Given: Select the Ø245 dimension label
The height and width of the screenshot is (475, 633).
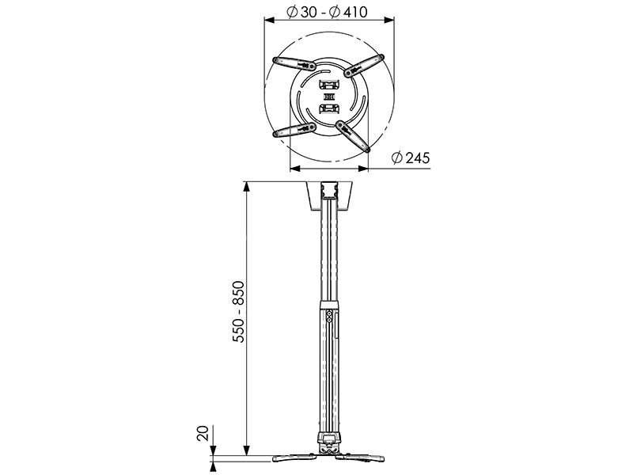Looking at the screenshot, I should [x=411, y=158].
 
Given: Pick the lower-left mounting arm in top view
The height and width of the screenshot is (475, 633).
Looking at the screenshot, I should [x=293, y=129].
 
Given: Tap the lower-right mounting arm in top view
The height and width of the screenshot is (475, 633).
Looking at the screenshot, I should [x=354, y=135].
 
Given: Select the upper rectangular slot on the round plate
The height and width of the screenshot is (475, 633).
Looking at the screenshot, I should [x=328, y=82].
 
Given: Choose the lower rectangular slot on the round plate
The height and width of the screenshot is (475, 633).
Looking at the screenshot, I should [x=328, y=109].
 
